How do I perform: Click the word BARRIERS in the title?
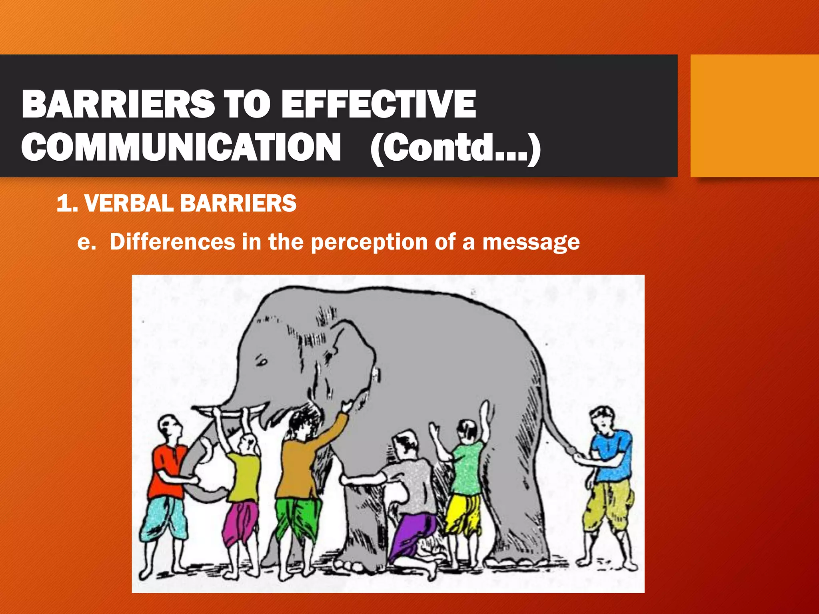(x=118, y=104)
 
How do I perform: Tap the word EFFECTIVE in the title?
(x=378, y=104)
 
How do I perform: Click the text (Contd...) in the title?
(x=455, y=148)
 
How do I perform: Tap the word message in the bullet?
(x=531, y=243)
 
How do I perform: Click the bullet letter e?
(x=86, y=243)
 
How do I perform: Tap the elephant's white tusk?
(x=228, y=412)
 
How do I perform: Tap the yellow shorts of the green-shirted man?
(x=464, y=514)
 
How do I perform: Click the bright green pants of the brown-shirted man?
(x=298, y=516)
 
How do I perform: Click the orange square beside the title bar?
(x=754, y=116)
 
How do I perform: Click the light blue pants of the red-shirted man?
(x=164, y=520)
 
